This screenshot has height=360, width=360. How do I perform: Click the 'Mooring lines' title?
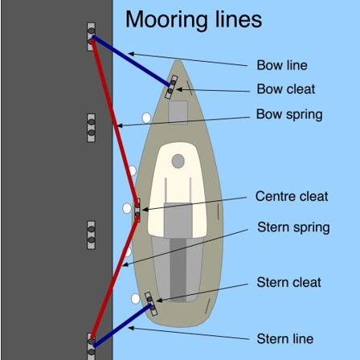194,20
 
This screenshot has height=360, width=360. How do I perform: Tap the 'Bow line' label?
282,65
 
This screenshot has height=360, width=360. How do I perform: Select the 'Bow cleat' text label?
286,89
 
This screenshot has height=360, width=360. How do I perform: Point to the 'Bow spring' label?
289,115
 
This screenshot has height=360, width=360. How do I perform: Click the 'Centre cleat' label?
292,196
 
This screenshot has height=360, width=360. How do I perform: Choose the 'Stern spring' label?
293,227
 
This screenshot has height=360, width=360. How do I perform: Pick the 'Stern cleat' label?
288,282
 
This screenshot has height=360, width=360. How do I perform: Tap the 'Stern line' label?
285,339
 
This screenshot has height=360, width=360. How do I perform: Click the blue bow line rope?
131,61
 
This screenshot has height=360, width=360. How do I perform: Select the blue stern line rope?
122,325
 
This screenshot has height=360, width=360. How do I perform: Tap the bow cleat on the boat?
171,87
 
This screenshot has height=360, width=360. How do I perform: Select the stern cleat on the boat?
151,304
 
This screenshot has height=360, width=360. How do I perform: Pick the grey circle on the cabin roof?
178,162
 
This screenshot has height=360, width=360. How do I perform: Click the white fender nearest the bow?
146,118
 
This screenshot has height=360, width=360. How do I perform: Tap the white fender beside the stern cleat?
136,299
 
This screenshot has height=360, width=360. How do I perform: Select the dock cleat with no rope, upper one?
92,128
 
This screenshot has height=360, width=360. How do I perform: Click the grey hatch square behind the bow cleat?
178,112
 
